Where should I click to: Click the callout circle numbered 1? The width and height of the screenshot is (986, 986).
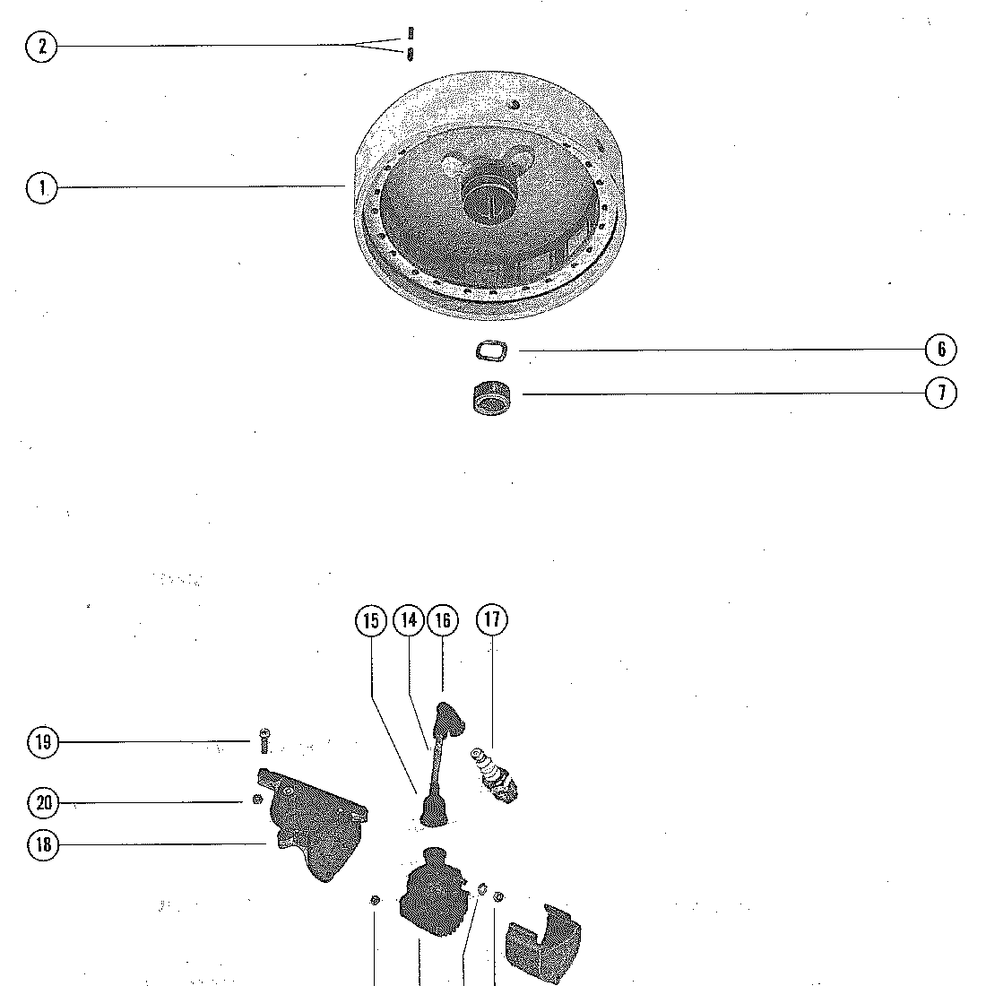pyautogui.click(x=41, y=187)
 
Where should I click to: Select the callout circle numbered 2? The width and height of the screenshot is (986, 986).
pyautogui.click(x=41, y=46)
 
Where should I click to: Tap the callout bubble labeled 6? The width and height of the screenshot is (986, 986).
pyautogui.click(x=940, y=350)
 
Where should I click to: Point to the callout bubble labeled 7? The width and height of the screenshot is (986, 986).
pyautogui.click(x=940, y=393)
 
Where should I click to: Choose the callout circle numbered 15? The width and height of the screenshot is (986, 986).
pyautogui.click(x=371, y=620)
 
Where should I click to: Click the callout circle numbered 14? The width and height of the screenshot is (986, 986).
pyautogui.click(x=409, y=620)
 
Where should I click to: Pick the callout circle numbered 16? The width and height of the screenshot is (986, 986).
pyautogui.click(x=443, y=620)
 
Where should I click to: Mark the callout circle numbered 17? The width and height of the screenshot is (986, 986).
pyautogui.click(x=492, y=619)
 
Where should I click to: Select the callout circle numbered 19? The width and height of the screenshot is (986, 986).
pyautogui.click(x=43, y=742)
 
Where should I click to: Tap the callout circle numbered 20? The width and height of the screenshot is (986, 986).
pyautogui.click(x=43, y=803)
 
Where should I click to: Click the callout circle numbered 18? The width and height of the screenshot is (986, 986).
pyautogui.click(x=43, y=843)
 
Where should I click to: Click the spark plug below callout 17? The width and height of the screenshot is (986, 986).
pyautogui.click(x=494, y=776)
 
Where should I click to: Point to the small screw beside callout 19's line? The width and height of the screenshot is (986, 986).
pyautogui.click(x=264, y=740)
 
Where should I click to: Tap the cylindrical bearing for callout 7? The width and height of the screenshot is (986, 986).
pyautogui.click(x=491, y=397)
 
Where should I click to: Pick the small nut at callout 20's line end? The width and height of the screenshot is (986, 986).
pyautogui.click(x=256, y=800)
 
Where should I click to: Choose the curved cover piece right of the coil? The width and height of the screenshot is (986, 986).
pyautogui.click(x=544, y=943)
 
